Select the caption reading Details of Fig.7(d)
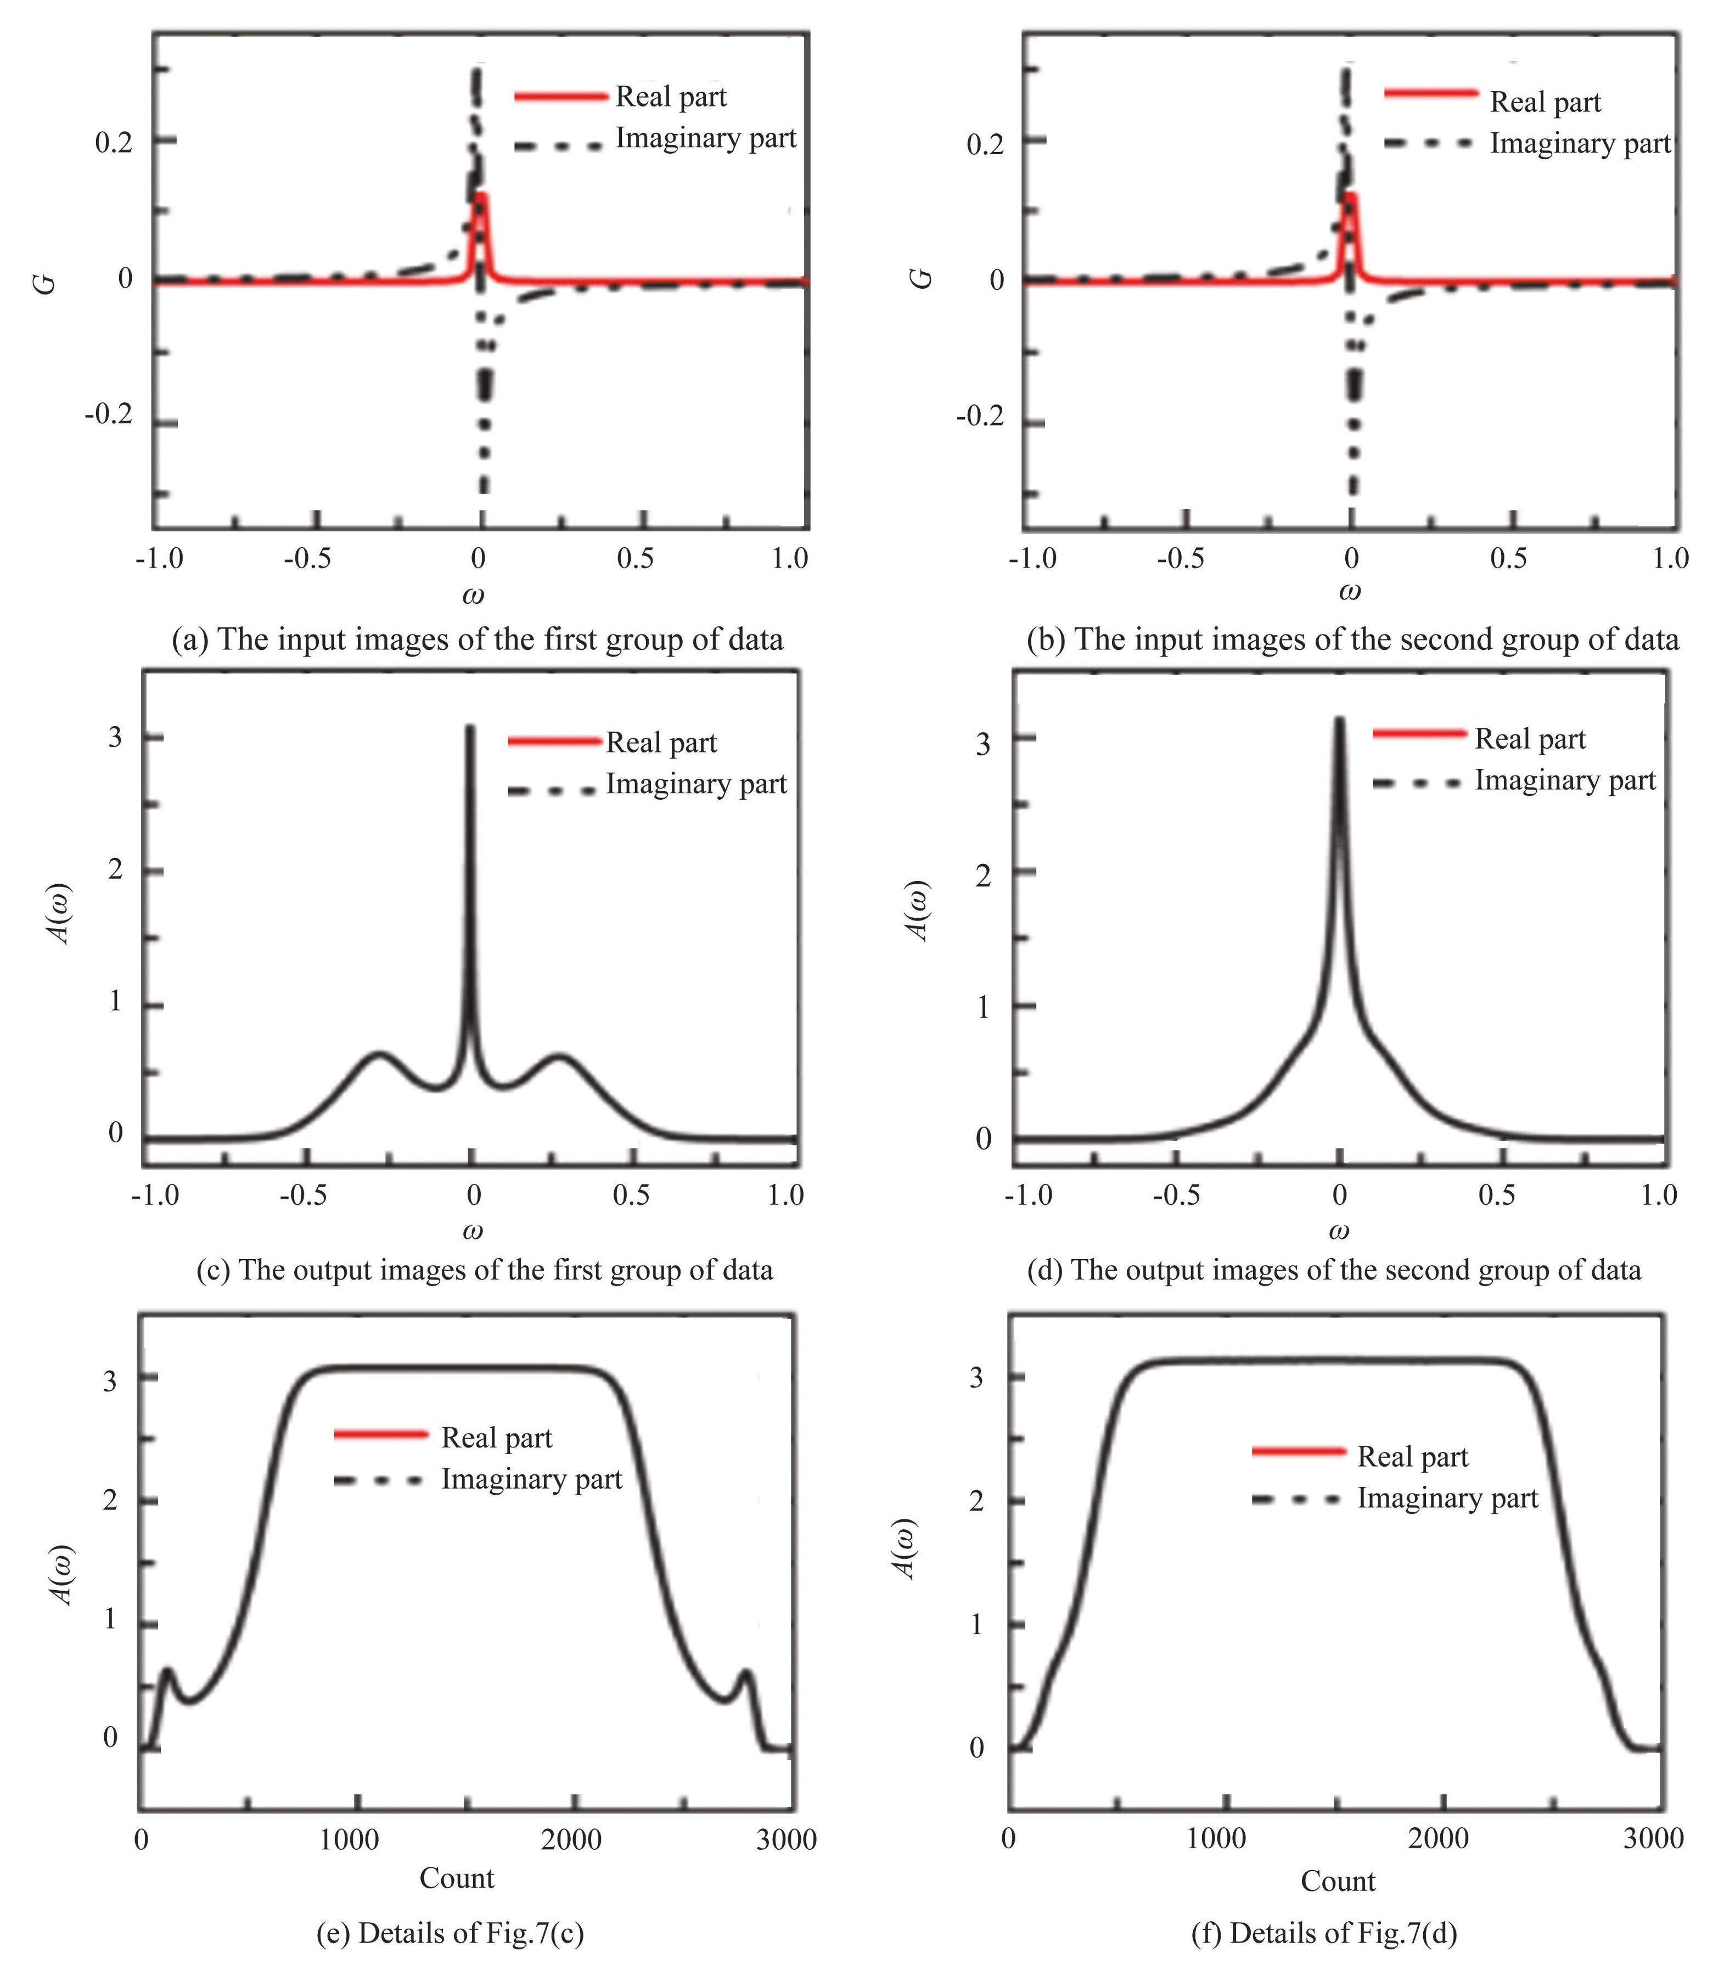coord(1324,1933)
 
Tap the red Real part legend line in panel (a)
coord(561,97)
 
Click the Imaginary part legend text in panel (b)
coord(1580,143)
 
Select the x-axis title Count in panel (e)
coord(457,1878)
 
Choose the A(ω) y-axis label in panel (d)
coord(919,911)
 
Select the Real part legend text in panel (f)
coord(1412,1457)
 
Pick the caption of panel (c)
coord(485,1270)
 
